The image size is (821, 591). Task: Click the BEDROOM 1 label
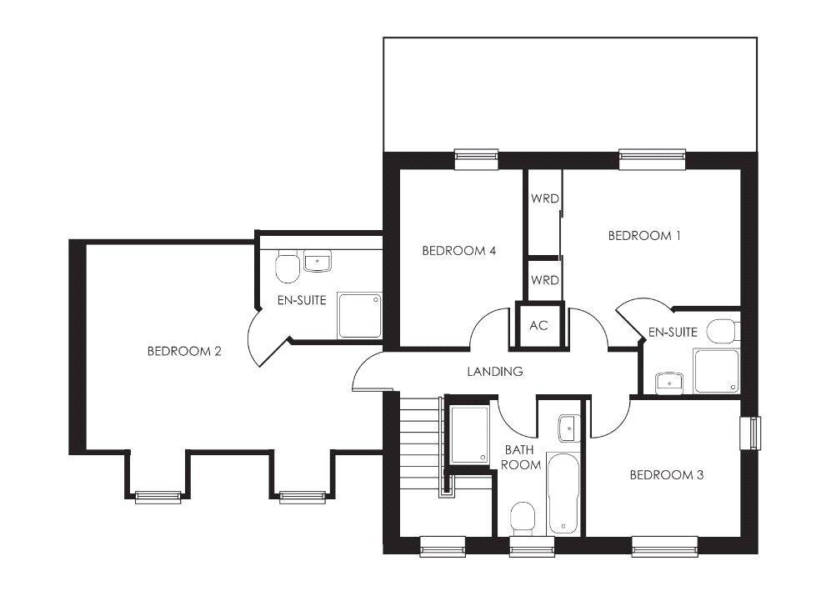[644, 236]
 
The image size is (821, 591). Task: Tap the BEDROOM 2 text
[184, 351]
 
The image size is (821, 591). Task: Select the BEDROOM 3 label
[666, 475]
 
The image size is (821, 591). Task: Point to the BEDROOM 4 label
[459, 250]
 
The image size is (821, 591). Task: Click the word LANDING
[494, 372]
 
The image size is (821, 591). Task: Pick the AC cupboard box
[539, 325]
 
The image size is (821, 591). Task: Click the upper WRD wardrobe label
[544, 198]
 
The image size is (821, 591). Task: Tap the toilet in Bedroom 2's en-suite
[287, 267]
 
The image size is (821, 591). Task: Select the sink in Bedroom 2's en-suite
[318, 263]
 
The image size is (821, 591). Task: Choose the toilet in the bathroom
[523, 516]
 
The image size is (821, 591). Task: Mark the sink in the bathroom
[568, 428]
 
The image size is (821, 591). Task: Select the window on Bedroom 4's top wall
[476, 158]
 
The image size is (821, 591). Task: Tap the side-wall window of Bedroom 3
[753, 433]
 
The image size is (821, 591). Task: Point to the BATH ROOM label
[523, 457]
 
